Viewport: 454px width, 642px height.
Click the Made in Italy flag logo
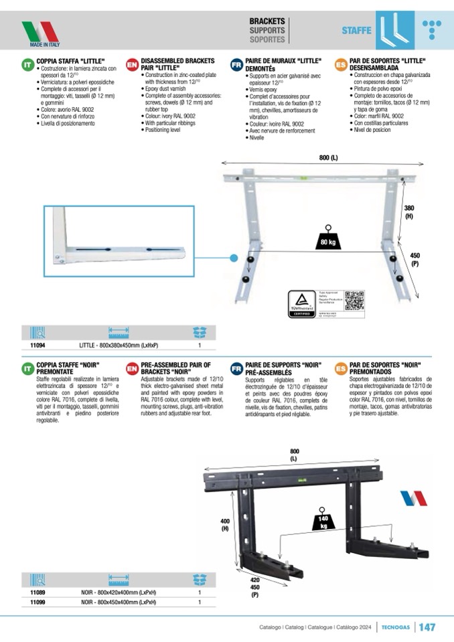point(40,32)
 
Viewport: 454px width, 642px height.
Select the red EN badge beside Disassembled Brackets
point(132,65)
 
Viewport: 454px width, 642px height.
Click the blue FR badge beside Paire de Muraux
point(236,65)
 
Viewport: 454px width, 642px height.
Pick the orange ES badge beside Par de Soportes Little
point(340,65)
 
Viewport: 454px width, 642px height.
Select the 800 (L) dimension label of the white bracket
point(329,158)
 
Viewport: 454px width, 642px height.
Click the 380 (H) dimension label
point(408,212)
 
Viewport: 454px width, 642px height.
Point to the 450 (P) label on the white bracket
point(415,258)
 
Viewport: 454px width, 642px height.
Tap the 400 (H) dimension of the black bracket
point(225,524)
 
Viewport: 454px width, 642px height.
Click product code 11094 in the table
point(37,345)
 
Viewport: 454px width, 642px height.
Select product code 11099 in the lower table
point(37,602)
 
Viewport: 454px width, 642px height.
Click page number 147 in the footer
point(427,627)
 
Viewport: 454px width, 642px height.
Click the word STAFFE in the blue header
point(356,31)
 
